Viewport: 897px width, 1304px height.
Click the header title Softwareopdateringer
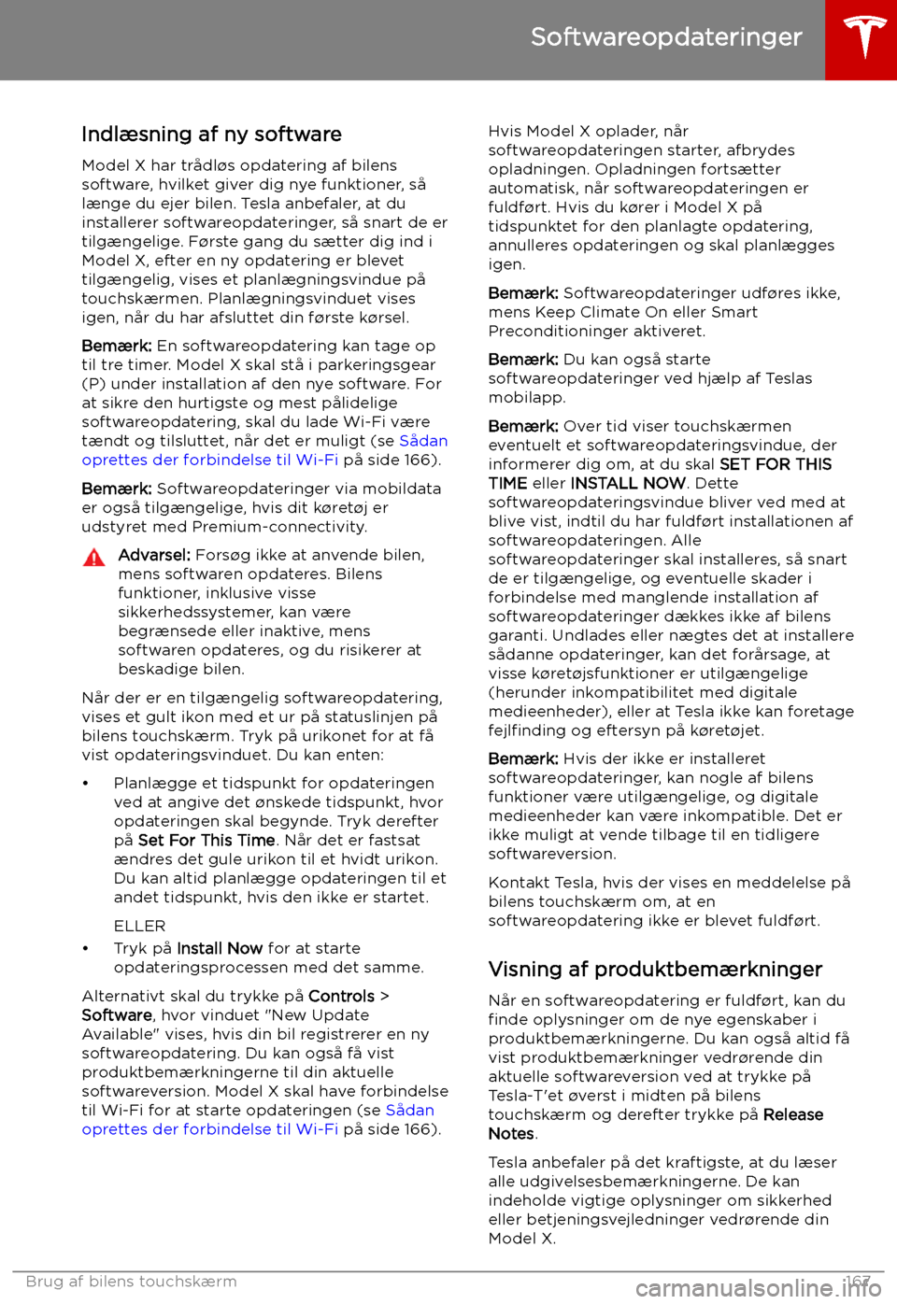pos(666,37)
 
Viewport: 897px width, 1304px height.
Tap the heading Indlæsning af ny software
pos(211,135)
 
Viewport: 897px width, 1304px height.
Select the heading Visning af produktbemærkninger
pos(655,970)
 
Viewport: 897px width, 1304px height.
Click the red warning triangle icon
pos(94,559)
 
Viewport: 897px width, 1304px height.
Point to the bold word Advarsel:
pos(154,555)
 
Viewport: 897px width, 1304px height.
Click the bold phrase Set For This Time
pos(206,841)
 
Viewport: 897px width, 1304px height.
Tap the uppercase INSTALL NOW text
pos(628,484)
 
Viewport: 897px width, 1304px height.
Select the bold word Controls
pos(341,997)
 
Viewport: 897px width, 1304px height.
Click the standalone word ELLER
pos(139,927)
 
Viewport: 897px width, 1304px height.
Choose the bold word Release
pos(793,1115)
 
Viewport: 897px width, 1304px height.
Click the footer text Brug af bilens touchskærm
pos(131,1282)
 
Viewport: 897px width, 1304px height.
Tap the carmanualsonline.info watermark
pos(757,1290)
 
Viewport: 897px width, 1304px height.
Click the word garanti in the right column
pos(516,635)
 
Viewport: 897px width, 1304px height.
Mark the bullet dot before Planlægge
pos(86,784)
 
